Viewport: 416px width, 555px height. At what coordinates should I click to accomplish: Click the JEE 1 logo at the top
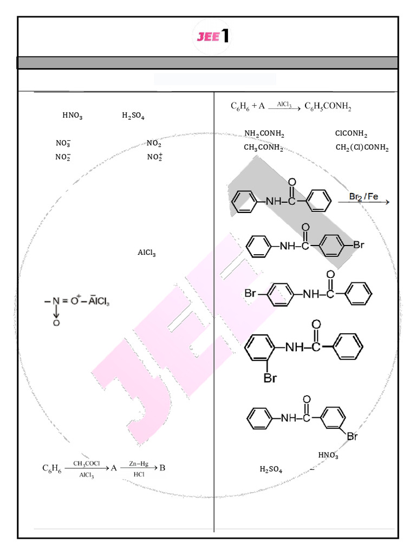point(212,36)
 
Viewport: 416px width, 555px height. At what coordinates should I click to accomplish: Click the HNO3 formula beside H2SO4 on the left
point(72,115)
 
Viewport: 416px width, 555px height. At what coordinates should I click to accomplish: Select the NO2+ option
point(154,157)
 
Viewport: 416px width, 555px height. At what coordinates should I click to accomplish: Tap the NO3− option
point(63,143)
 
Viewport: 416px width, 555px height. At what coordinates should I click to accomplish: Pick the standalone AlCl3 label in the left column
point(146,253)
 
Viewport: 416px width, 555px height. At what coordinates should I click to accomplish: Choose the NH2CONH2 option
point(264,134)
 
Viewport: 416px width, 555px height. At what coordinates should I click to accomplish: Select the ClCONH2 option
point(351,134)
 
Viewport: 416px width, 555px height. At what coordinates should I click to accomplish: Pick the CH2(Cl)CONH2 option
point(362,147)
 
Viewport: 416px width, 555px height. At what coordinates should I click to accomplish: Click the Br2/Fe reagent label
point(363,196)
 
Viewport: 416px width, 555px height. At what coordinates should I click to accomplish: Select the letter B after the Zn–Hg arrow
point(162,468)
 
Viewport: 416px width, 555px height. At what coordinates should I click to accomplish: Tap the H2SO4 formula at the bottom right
point(271,470)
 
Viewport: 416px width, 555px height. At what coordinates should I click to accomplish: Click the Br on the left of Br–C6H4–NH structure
point(250,294)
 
